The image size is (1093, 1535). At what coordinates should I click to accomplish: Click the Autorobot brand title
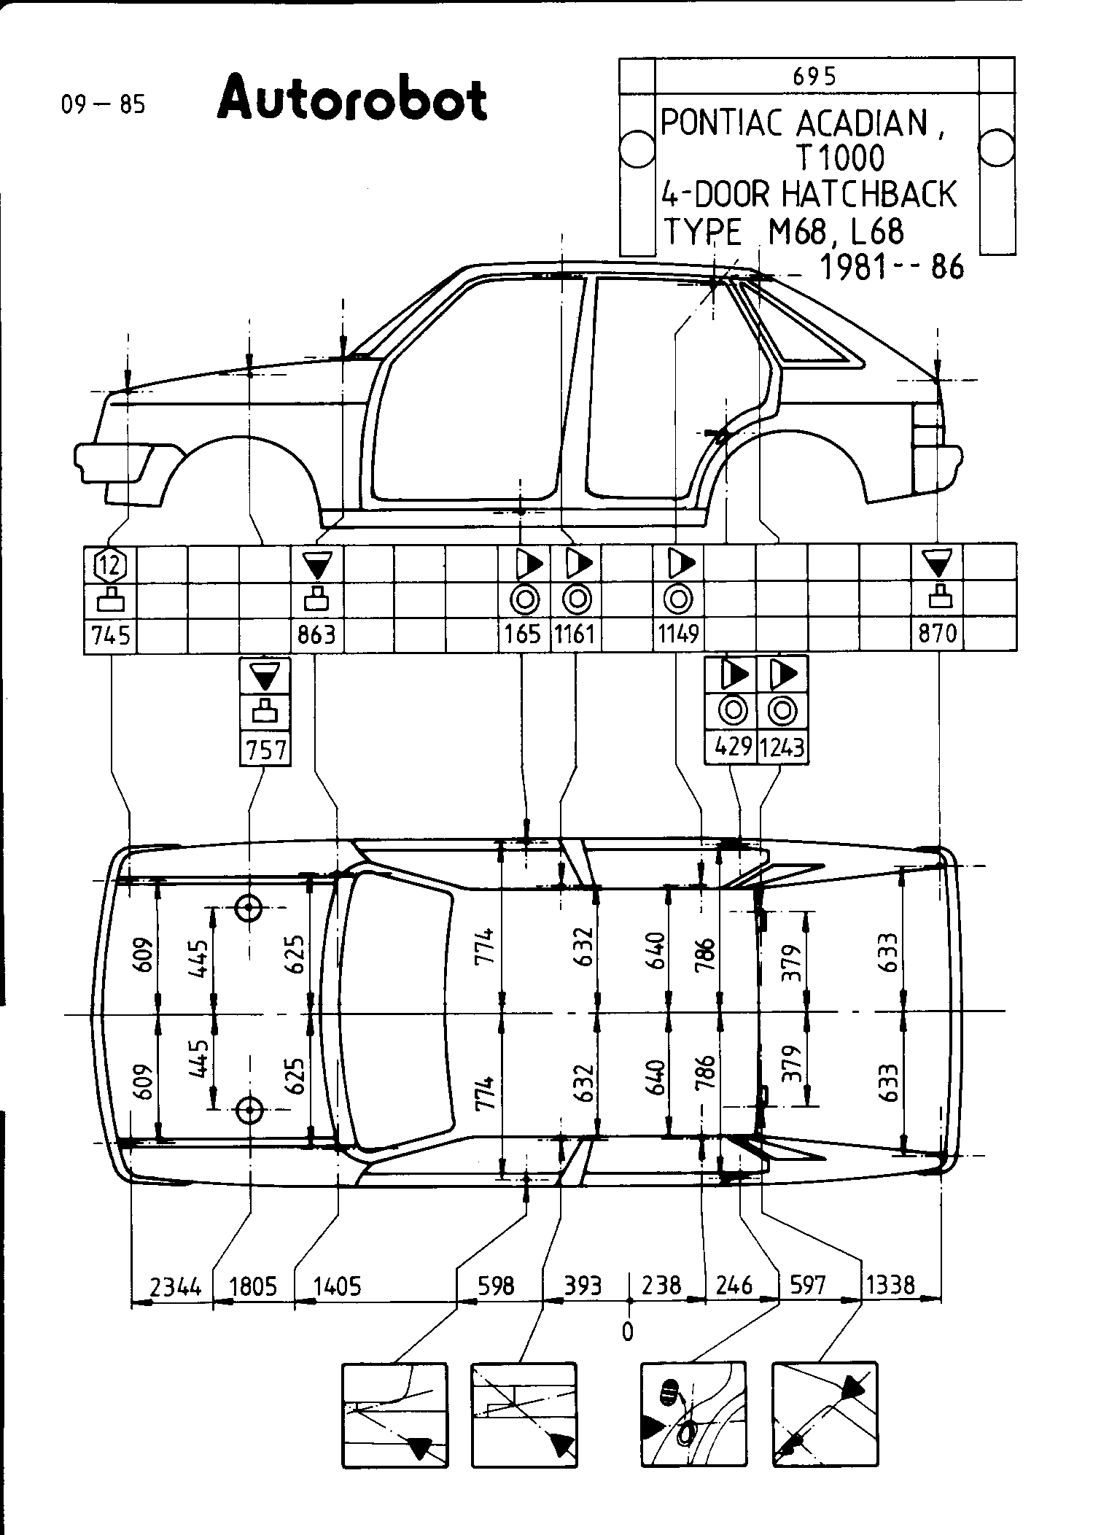coord(351,99)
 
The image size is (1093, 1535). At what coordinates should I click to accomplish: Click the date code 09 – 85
coord(104,105)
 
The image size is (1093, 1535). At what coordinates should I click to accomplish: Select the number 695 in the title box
coord(814,76)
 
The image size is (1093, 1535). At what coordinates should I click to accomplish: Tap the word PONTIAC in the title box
coord(723,124)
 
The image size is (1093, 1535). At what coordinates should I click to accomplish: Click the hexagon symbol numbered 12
coord(111,564)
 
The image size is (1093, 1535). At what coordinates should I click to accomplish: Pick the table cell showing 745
coord(111,635)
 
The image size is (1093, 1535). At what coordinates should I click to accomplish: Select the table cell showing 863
coord(316,635)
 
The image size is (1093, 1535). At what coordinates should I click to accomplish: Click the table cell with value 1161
coord(575,635)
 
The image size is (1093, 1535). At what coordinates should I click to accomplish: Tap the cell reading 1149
coord(678,635)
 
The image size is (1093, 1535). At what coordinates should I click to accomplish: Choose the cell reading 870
coord(938,635)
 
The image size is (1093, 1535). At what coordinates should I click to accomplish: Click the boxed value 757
coord(265,750)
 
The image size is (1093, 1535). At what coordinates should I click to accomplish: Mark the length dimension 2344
coord(175,1286)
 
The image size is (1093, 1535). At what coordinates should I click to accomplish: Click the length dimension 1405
coord(337,1286)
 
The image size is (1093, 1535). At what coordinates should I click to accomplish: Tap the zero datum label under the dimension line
coord(627,1332)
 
